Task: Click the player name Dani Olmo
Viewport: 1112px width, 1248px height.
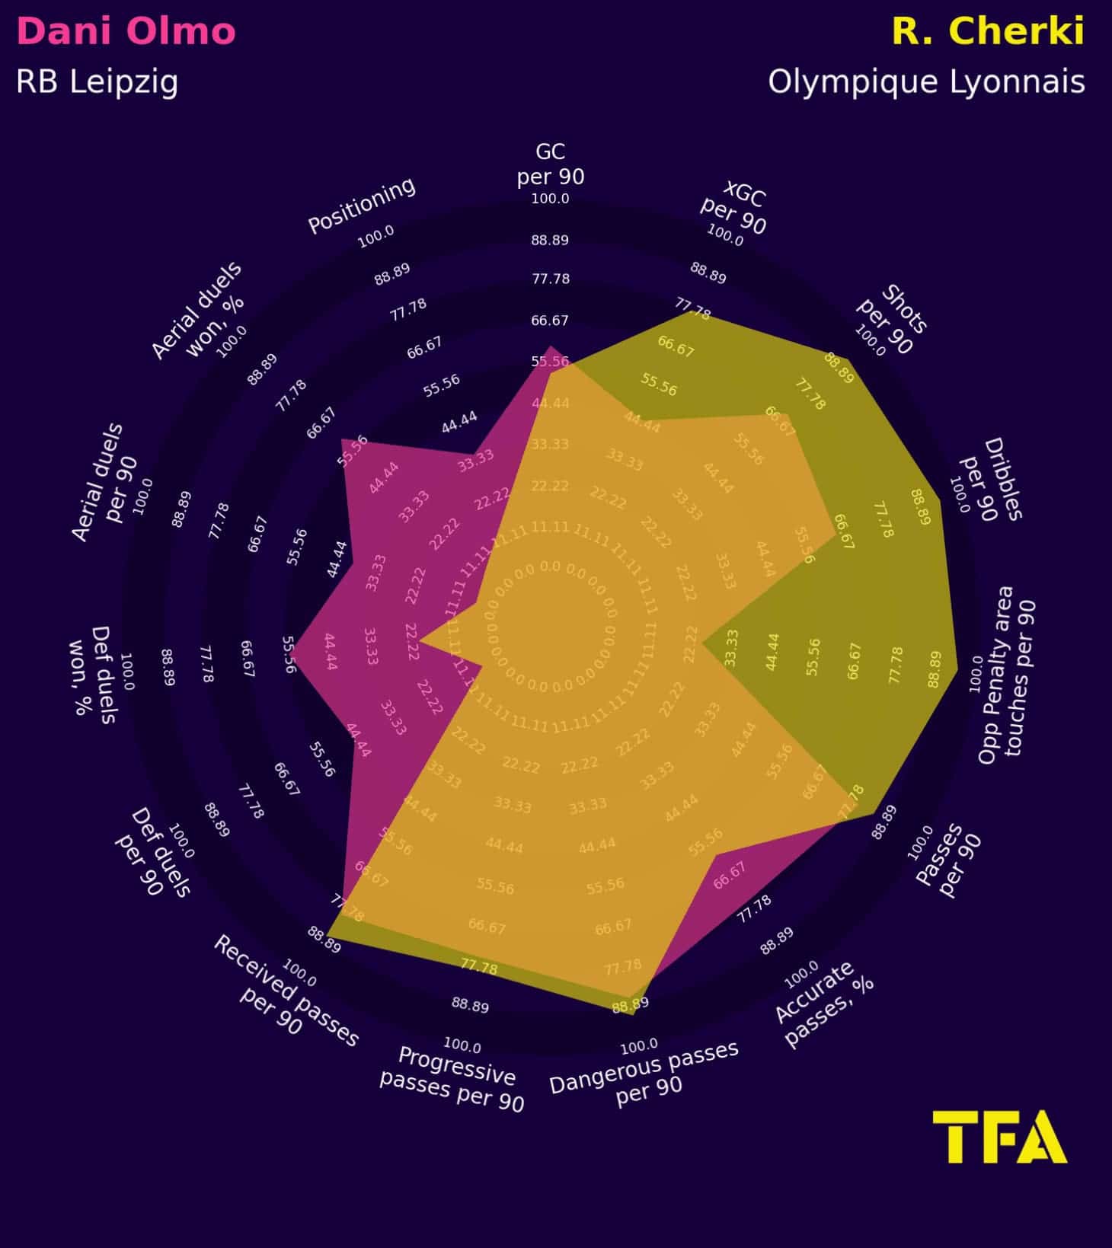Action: pos(126,32)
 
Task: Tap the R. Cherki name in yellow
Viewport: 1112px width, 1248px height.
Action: pos(987,32)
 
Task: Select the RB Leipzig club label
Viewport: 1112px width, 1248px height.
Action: pos(97,81)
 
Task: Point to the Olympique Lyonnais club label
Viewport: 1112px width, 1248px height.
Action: pos(925,81)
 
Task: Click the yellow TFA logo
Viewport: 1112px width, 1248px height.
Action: pos(999,1136)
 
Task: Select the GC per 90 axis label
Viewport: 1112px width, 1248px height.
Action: pos(550,164)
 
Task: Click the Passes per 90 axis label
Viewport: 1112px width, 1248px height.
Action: pos(949,860)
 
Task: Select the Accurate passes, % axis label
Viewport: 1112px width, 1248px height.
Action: pos(824,1004)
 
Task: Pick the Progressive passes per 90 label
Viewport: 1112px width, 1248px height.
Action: pos(453,1080)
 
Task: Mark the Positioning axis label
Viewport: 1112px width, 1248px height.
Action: pos(362,205)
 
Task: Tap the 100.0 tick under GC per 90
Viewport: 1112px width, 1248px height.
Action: pos(550,199)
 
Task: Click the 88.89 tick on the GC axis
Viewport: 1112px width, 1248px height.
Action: pos(550,240)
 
